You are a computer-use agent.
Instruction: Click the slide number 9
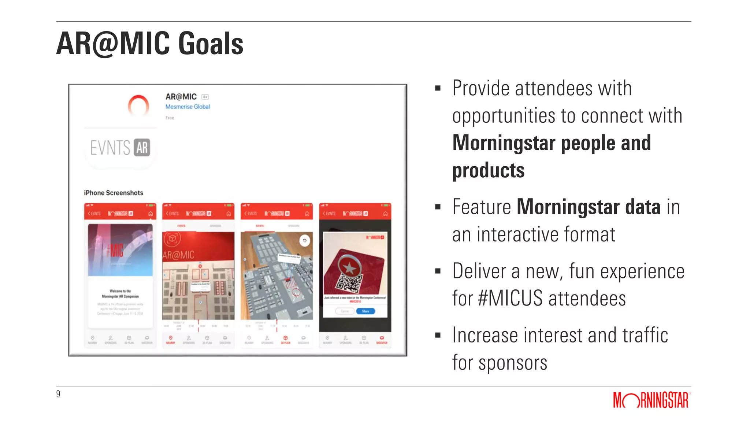[x=58, y=394]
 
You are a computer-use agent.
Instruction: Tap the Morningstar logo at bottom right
[x=651, y=400]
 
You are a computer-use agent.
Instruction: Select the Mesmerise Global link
[x=187, y=107]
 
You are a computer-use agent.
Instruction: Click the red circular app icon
[x=138, y=105]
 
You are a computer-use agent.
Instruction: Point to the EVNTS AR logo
[x=120, y=148]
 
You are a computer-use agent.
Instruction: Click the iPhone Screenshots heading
[x=114, y=193]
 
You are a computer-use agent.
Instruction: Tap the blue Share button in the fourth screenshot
[x=365, y=311]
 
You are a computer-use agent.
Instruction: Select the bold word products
[x=488, y=170]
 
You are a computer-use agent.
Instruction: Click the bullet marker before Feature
[x=438, y=207]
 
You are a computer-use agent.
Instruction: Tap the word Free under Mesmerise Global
[x=170, y=118]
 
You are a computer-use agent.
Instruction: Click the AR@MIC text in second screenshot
[x=178, y=255]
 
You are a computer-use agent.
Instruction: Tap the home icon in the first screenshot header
[x=151, y=214]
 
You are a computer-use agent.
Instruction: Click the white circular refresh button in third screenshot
[x=305, y=241]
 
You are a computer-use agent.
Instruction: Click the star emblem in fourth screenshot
[x=349, y=268]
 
